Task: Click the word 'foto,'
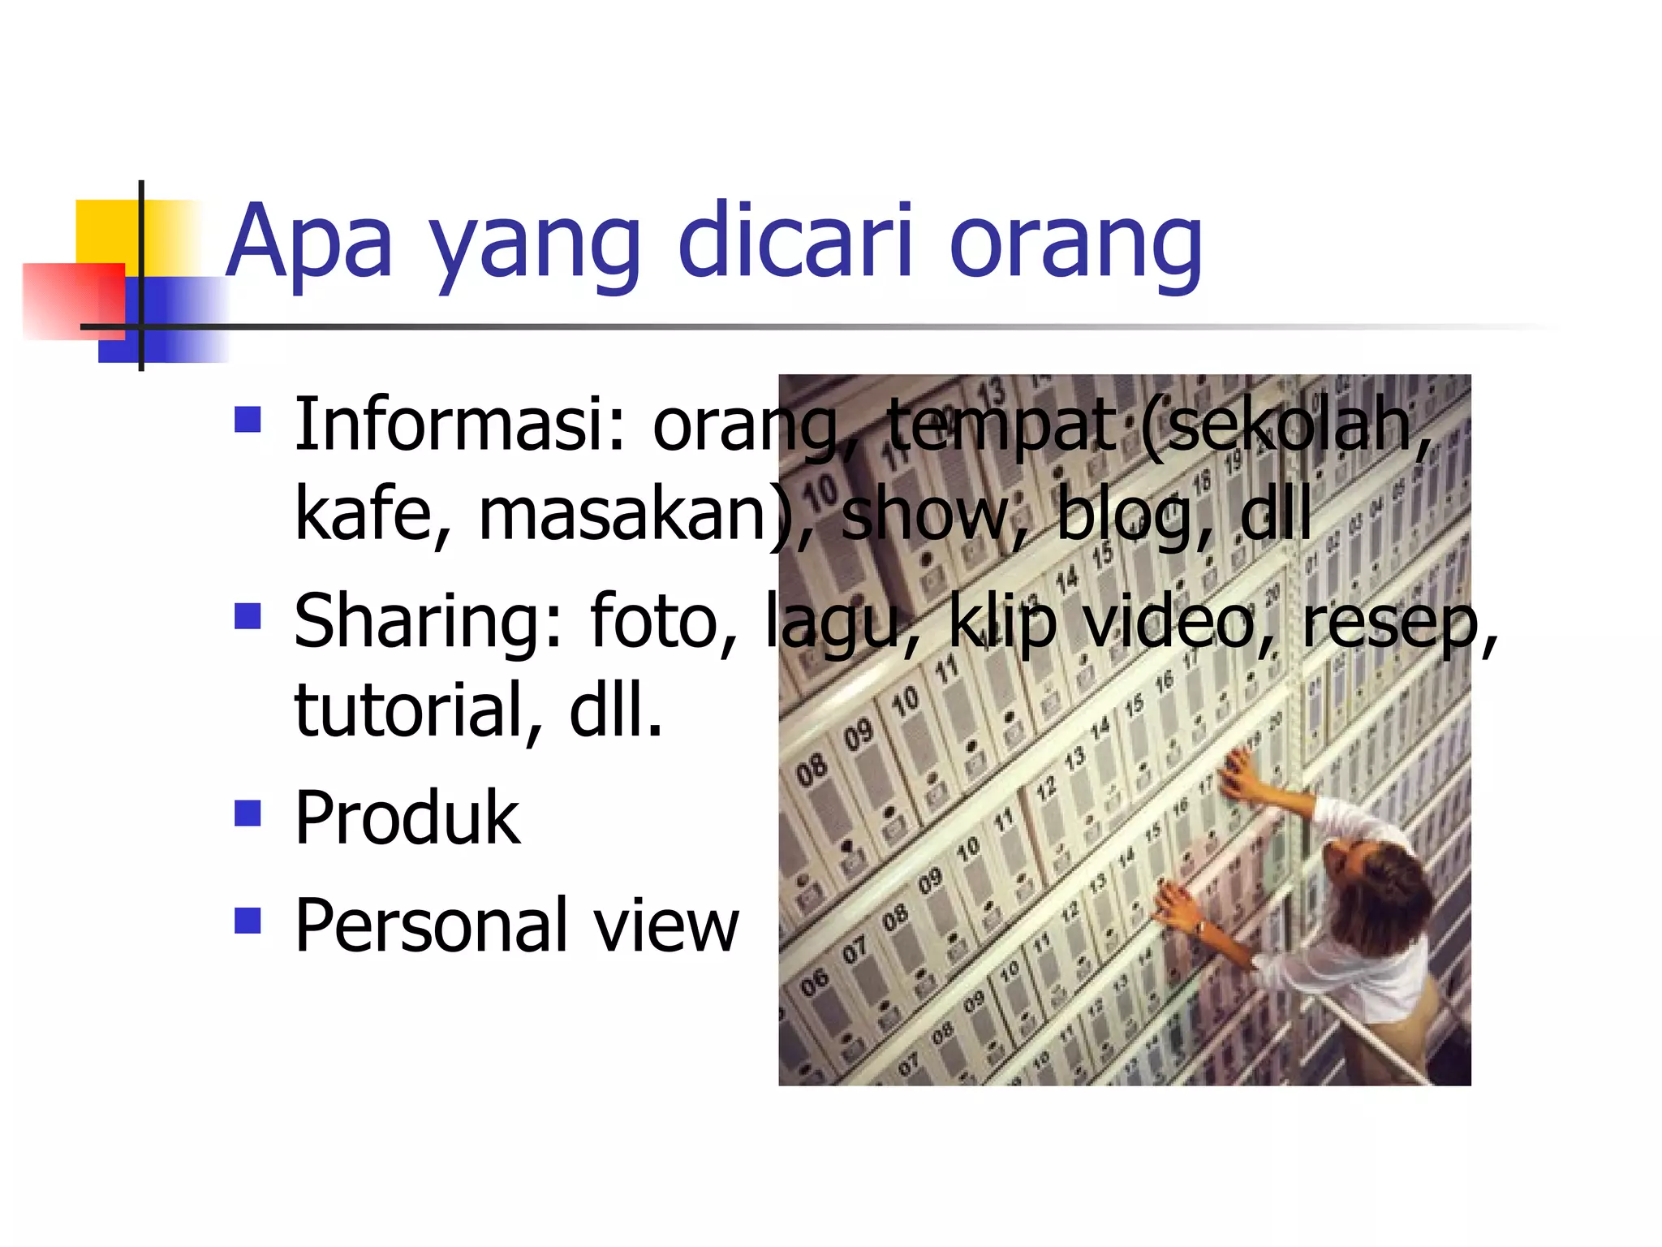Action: click(x=664, y=622)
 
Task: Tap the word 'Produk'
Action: click(x=407, y=818)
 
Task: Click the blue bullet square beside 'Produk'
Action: click(x=248, y=813)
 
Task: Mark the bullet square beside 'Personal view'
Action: click(x=248, y=921)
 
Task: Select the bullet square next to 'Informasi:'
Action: click(x=248, y=419)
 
